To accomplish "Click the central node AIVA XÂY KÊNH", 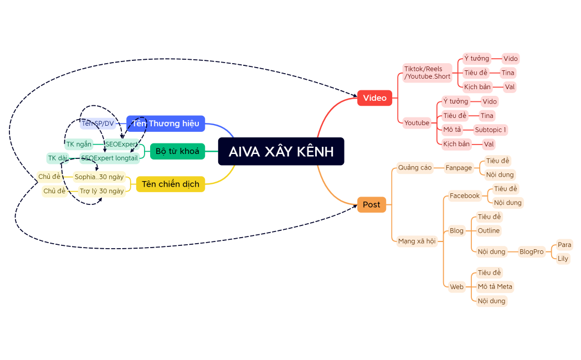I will tap(281, 151).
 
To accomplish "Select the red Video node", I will tap(374, 98).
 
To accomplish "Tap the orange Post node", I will tap(371, 205).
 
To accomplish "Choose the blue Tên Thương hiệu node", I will tap(166, 124).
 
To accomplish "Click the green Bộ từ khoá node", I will tap(177, 151).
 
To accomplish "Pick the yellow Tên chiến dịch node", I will tap(170, 184).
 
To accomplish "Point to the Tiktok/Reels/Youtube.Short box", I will tap(427, 73).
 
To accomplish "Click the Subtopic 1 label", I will tap(490, 130).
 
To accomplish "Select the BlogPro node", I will tap(531, 251).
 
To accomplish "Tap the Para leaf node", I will tap(564, 245).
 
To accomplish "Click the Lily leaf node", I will tap(563, 259).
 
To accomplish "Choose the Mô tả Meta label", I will tap(495, 286).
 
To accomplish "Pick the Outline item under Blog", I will tap(488, 230).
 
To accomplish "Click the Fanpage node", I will tap(459, 168).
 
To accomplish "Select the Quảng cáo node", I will tap(415, 167).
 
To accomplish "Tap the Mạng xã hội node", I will tap(417, 241).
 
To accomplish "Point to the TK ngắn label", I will tap(79, 145).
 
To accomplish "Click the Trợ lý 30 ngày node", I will tap(101, 191).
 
